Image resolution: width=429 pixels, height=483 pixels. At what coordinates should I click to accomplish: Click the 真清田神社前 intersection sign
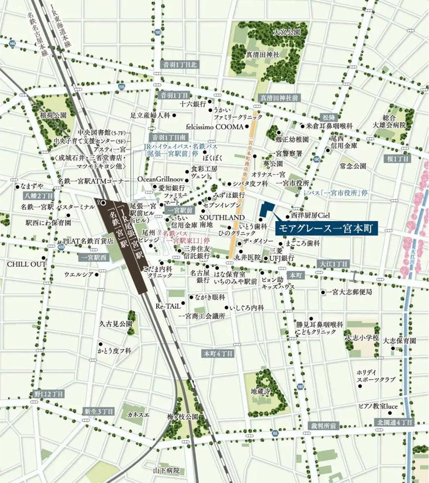tap(278, 98)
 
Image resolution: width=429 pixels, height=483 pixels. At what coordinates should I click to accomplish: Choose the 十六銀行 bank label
tap(193, 104)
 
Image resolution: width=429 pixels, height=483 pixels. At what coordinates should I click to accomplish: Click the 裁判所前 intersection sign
tap(324, 426)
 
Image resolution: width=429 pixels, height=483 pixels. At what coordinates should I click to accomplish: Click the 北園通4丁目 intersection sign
tap(395, 422)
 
